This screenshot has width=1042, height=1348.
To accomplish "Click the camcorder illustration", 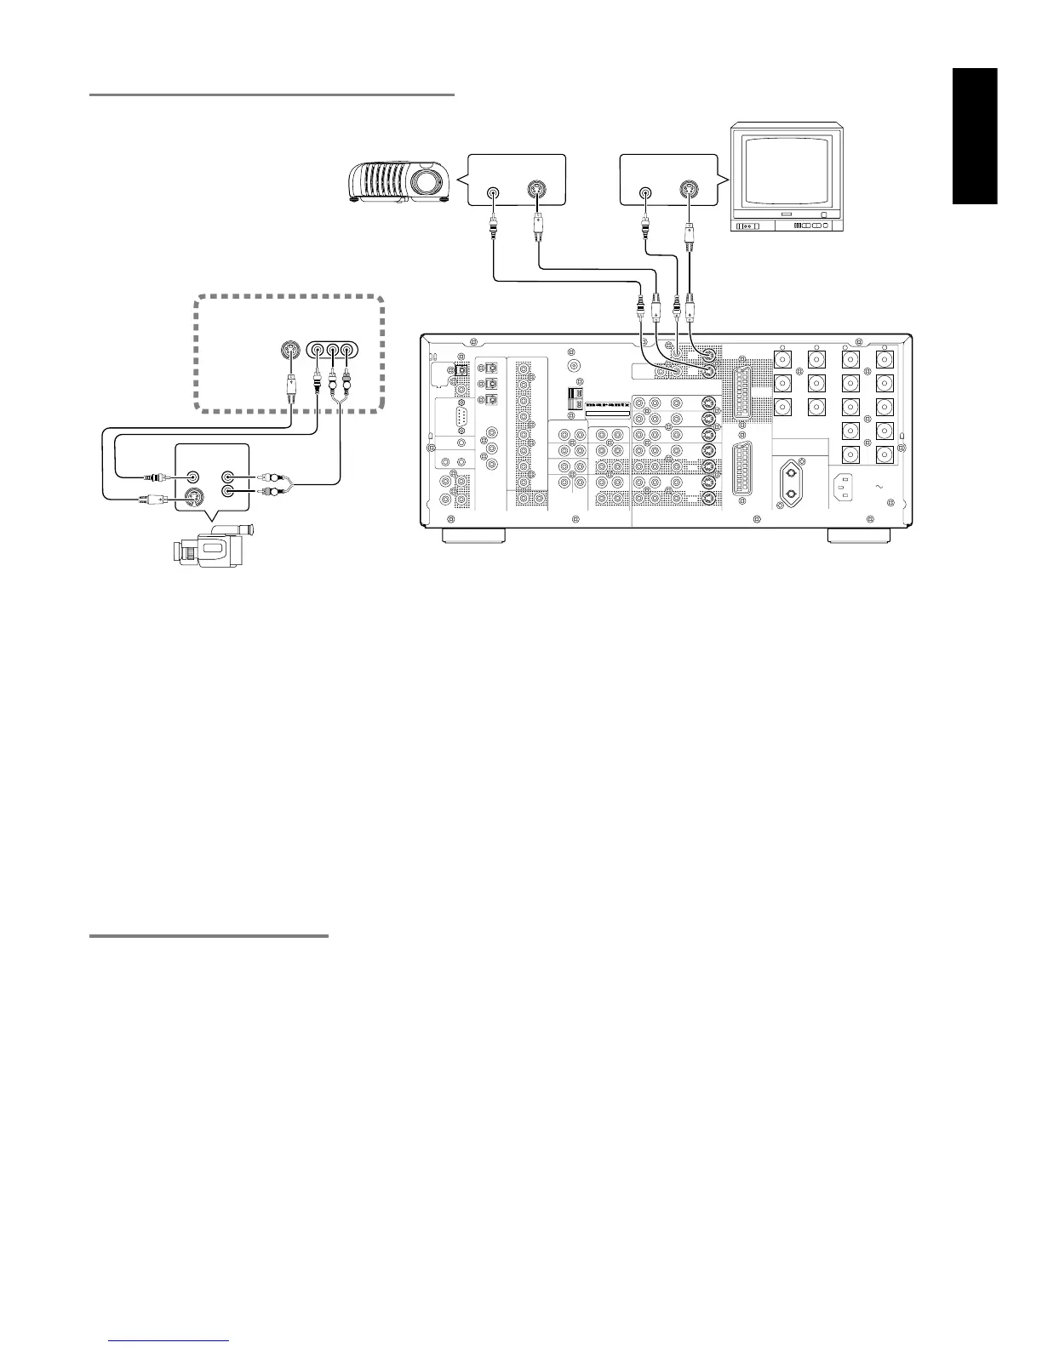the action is [x=213, y=545].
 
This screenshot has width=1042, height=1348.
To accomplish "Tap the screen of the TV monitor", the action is [x=786, y=170].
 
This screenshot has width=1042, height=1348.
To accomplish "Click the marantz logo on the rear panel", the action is [x=607, y=404].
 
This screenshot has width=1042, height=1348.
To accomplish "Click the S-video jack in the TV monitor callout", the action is [x=690, y=191].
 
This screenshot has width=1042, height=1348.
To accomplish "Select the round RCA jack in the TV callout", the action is [x=646, y=192].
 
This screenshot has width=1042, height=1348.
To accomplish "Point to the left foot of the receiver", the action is [x=472, y=535].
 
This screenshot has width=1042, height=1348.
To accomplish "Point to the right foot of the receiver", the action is [x=860, y=535].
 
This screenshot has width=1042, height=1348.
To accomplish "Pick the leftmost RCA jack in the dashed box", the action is [x=318, y=349].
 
